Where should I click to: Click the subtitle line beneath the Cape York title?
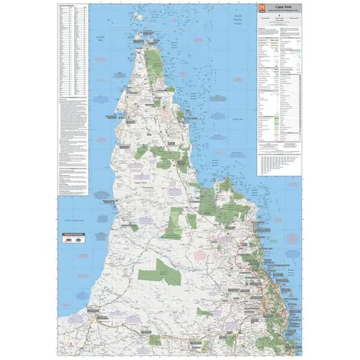click(x=278, y=12)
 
